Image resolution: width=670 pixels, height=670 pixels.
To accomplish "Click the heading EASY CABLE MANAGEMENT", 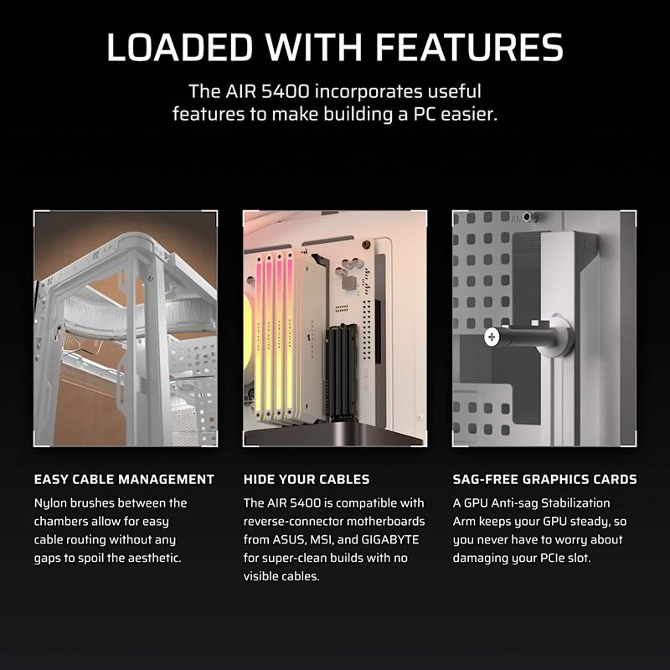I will tap(124, 480).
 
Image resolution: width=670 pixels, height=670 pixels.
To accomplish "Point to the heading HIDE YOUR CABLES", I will tap(307, 480).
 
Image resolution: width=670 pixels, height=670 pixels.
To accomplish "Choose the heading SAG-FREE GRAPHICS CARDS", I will tap(544, 480).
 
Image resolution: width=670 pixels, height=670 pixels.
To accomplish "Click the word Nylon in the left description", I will tap(52, 503).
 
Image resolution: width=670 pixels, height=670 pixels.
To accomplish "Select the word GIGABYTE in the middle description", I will tap(394, 540).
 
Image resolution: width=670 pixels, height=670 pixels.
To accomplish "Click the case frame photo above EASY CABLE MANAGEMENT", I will tap(126, 328).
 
